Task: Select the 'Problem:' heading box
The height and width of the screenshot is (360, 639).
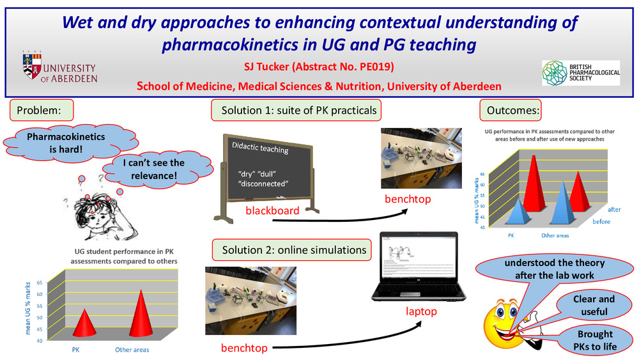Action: tap(39, 111)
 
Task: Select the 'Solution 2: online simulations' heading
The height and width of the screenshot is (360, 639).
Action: tap(294, 249)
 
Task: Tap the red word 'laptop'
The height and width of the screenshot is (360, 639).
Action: tap(420, 311)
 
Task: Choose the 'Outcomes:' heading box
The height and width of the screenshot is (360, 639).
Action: tap(513, 111)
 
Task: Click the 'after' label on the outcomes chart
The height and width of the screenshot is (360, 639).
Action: tap(614, 209)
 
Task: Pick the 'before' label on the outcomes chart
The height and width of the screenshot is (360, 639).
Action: tap(601, 221)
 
